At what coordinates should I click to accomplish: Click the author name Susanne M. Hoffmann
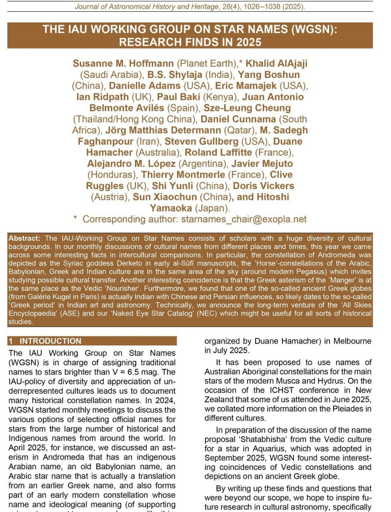point(123,64)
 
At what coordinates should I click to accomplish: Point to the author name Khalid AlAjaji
point(276,64)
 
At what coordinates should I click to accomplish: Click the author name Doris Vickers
point(264,186)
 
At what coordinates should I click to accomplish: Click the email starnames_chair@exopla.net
point(244,219)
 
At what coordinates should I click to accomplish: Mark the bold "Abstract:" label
point(24,238)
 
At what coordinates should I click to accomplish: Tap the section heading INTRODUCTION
point(50,341)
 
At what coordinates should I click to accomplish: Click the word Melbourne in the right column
point(353,341)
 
